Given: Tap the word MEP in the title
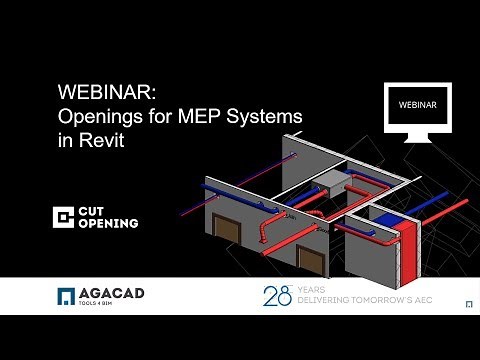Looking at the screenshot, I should click(x=206, y=117).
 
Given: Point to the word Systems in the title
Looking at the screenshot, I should click(x=267, y=117).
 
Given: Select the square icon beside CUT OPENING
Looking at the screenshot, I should click(x=65, y=217).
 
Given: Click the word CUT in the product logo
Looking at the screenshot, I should click(x=95, y=211).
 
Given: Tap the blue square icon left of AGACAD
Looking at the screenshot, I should click(x=66, y=296).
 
